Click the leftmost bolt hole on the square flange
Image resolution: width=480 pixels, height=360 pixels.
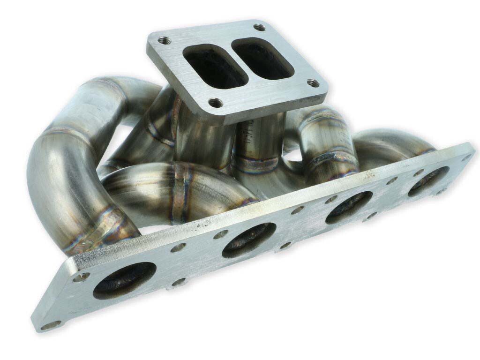pos(163,40)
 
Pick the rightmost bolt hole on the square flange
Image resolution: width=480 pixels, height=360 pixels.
pos(313,83)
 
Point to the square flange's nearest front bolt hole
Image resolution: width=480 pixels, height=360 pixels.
pos(216,101)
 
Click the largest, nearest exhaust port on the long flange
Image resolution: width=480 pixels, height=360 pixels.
pos(124,280)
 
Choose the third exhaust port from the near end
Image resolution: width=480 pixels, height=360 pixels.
pos(349,207)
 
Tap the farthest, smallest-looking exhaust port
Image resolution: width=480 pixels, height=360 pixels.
pos(428,181)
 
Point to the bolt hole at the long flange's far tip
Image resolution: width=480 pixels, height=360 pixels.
pos(466,157)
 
